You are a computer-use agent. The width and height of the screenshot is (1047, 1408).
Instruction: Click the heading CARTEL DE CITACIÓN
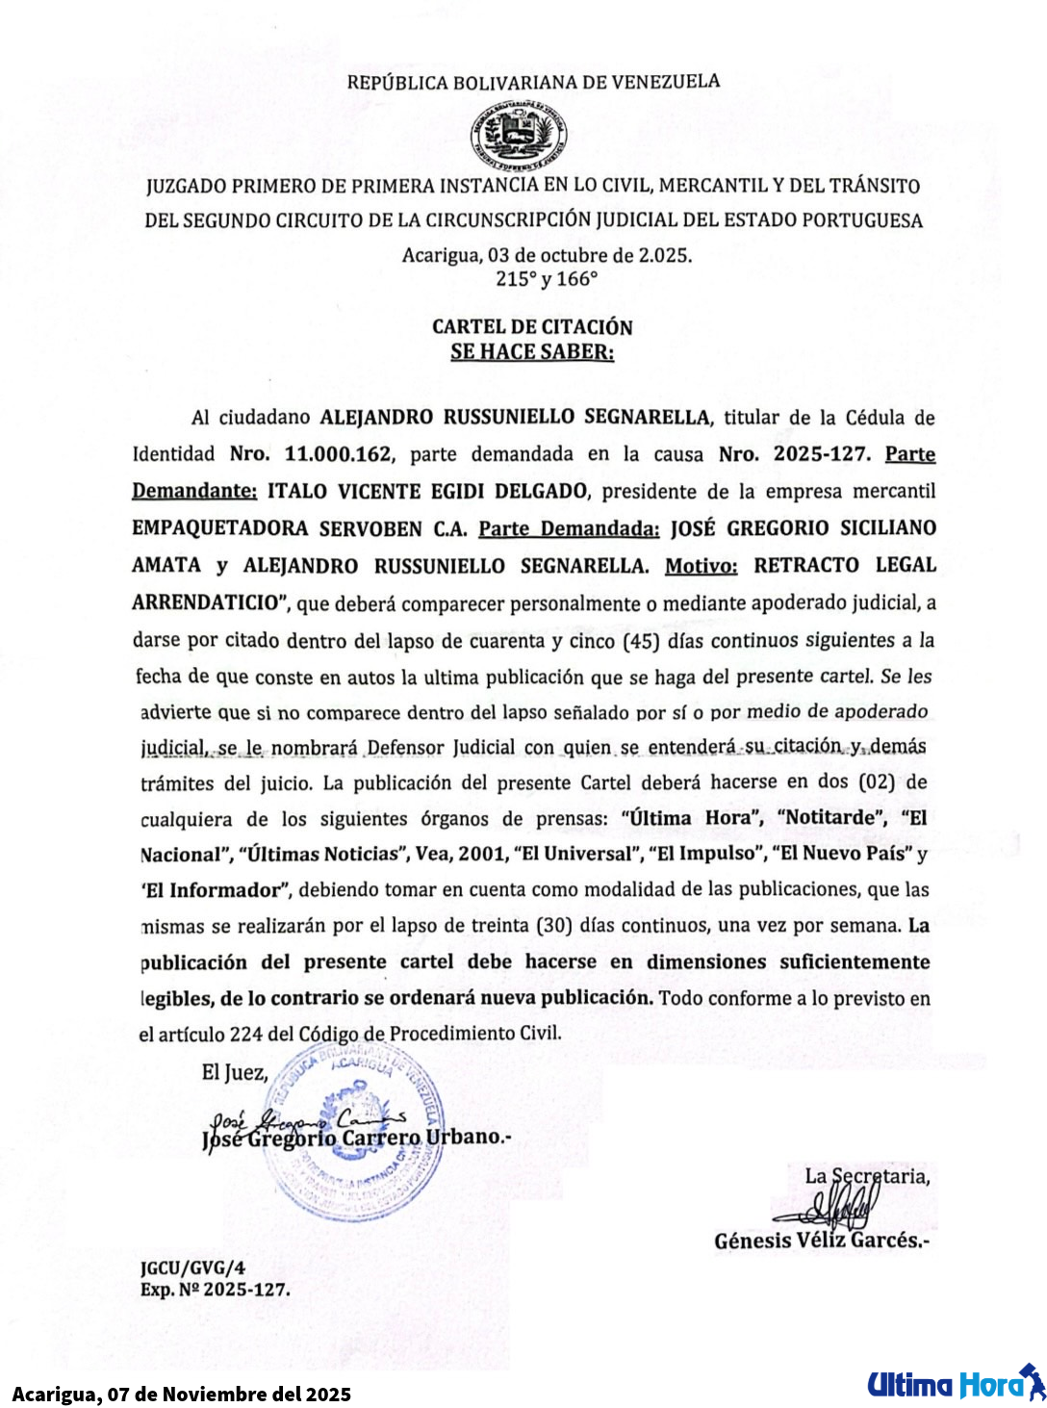532,327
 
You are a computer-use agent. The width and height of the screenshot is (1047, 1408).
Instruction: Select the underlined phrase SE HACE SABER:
532,352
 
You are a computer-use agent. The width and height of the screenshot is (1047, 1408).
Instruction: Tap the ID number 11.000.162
338,454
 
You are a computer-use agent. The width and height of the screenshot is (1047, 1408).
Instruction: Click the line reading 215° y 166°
547,279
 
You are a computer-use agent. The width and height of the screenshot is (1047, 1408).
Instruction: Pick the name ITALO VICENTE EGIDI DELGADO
427,491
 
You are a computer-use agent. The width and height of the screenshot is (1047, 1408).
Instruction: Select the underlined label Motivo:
701,566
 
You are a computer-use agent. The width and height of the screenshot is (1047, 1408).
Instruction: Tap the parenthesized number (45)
641,641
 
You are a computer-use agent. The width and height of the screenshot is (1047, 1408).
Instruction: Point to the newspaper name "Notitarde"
830,818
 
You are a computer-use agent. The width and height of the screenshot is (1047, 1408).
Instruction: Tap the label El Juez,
234,1073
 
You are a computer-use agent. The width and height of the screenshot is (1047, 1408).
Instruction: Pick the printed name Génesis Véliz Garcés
821,1242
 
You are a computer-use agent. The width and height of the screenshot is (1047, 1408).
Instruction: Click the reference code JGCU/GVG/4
192,1268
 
